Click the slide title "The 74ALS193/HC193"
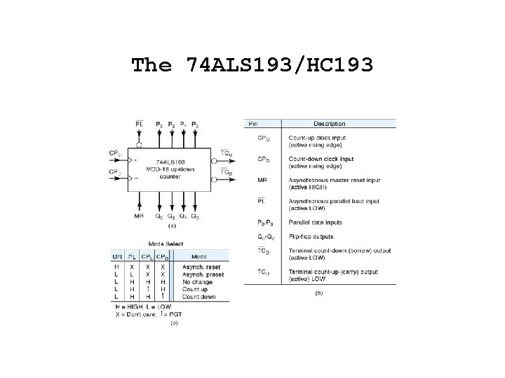252,65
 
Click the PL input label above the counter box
139,125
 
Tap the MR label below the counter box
139,216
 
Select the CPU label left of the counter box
115,153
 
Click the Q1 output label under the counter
184,216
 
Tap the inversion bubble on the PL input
139,145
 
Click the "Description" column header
329,124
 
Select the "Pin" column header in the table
252,124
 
